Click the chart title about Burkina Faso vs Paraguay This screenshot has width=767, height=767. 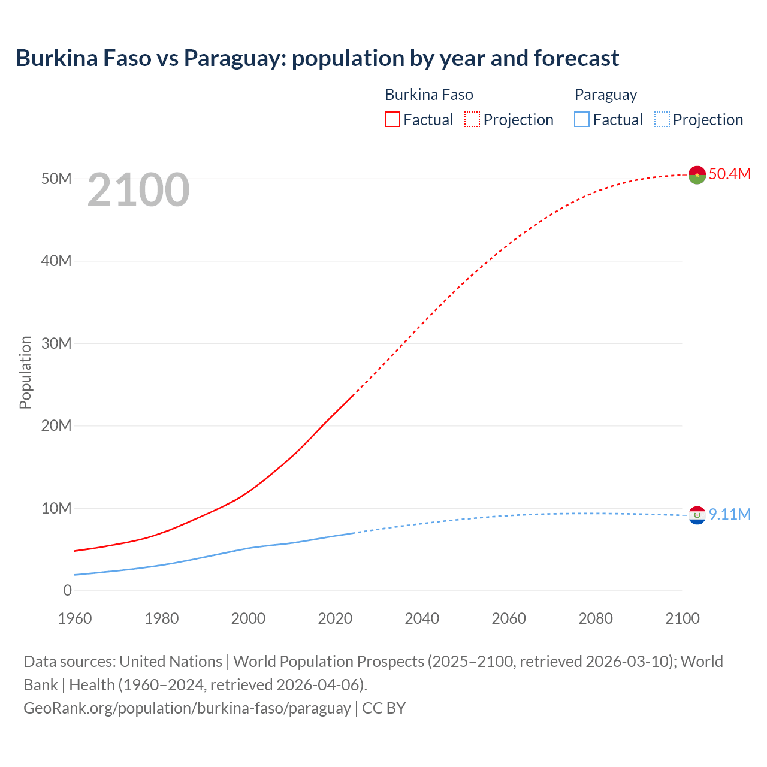pyautogui.click(x=317, y=58)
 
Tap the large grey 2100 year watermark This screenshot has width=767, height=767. pyautogui.click(x=138, y=190)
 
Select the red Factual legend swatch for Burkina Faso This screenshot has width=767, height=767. pyautogui.click(x=392, y=120)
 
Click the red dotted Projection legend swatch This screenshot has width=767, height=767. pyautogui.click(x=472, y=120)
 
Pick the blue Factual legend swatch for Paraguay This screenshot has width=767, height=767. pyautogui.click(x=582, y=120)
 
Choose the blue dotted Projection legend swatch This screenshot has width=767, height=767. pyautogui.click(x=662, y=120)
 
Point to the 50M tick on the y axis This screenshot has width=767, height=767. pyautogui.click(x=56, y=179)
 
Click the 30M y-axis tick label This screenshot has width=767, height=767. pyautogui.click(x=56, y=343)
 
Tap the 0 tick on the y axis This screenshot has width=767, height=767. pyautogui.click(x=67, y=590)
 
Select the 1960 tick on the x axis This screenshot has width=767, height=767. pyautogui.click(x=75, y=618)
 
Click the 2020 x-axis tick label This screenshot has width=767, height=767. pyautogui.click(x=335, y=618)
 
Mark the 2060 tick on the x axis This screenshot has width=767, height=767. pyautogui.click(x=509, y=618)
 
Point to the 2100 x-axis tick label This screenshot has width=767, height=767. pyautogui.click(x=682, y=618)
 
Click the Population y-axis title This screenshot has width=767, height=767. pyautogui.click(x=25, y=372)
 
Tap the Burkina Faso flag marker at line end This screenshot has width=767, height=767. pyautogui.click(x=697, y=175)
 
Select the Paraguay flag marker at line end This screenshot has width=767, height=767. pyautogui.click(x=697, y=515)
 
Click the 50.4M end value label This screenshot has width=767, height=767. pyautogui.click(x=729, y=174)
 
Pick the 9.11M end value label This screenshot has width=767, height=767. pyautogui.click(x=729, y=514)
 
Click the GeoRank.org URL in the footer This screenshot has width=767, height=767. pyautogui.click(x=187, y=708)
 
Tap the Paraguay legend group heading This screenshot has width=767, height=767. pyautogui.click(x=605, y=95)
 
